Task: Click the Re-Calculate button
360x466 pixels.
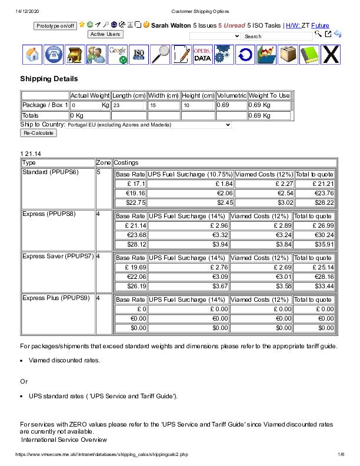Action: click(38, 133)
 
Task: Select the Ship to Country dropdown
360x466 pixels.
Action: click(149, 125)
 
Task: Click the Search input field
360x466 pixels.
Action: click(278, 36)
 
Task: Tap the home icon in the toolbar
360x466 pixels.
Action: click(33, 55)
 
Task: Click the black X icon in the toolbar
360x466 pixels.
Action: click(332, 55)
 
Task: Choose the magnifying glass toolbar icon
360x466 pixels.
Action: click(160, 55)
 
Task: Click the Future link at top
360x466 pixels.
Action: click(320, 26)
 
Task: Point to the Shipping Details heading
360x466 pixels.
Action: click(49, 79)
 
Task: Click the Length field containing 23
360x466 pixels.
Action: click(128, 105)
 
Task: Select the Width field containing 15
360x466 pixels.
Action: click(163, 105)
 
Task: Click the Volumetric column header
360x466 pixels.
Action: click(231, 95)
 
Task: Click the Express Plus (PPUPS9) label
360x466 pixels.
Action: click(56, 298)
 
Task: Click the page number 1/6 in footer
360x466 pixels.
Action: click(340, 455)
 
